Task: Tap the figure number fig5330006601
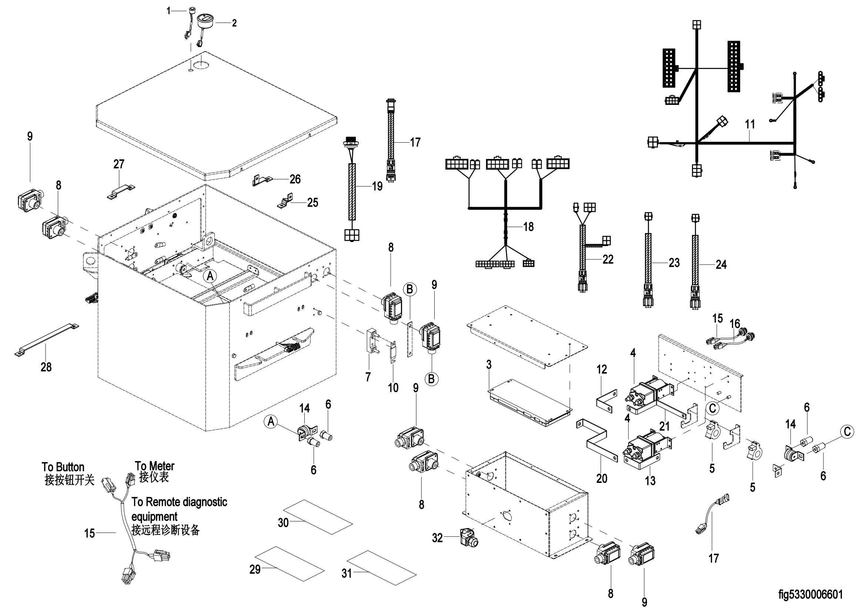[x=810, y=594]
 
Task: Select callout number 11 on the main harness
[x=750, y=124]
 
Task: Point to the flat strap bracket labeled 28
[x=46, y=339]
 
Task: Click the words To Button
[x=63, y=467]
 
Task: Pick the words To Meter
[x=155, y=466]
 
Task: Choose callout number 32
[x=437, y=537]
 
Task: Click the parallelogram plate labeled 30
[x=318, y=517]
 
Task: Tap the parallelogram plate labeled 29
[x=289, y=563]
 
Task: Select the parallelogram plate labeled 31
[x=382, y=568]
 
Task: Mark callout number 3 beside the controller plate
[x=489, y=365]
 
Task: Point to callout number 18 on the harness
[x=528, y=226]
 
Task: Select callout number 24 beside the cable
[x=721, y=265]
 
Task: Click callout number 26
[x=295, y=179]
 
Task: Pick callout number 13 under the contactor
[x=650, y=481]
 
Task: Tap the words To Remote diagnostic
[x=179, y=502]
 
